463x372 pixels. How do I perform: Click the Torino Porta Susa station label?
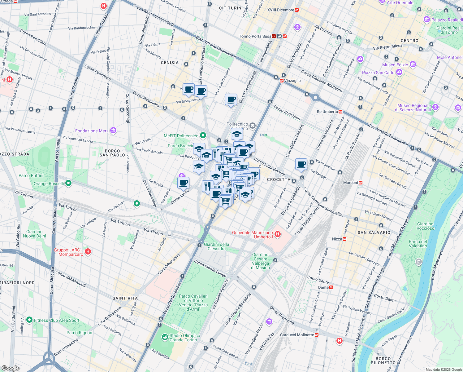pyautogui.click(x=255, y=36)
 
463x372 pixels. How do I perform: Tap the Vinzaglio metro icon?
pyautogui.click(x=281, y=81)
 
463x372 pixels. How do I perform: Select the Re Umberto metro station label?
pyautogui.click(x=327, y=112)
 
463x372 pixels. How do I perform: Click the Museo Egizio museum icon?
pyautogui.click(x=413, y=64)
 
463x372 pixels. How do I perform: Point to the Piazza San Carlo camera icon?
pyautogui.click(x=399, y=72)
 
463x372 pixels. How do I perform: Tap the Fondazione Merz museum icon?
pyautogui.click(x=113, y=131)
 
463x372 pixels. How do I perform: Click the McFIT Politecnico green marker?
pyautogui.click(x=203, y=135)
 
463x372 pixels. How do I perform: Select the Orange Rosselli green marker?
pyautogui.click(x=68, y=183)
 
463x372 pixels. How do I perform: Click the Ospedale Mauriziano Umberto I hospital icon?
pyautogui.click(x=278, y=234)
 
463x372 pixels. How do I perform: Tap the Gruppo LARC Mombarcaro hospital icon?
pyautogui.click(x=88, y=251)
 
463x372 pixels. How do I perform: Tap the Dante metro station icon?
pyautogui.click(x=331, y=287)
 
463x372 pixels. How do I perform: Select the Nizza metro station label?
pyautogui.click(x=337, y=239)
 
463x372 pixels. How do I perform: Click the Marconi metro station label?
pyautogui.click(x=350, y=183)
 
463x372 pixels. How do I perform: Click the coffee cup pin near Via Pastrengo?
pyautogui.click(x=301, y=164)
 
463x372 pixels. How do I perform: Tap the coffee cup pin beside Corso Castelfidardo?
pyautogui.click(x=231, y=100)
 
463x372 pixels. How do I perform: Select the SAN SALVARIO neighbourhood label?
pyautogui.click(x=374, y=232)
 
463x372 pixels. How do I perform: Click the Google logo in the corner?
pyautogui.click(x=11, y=368)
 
